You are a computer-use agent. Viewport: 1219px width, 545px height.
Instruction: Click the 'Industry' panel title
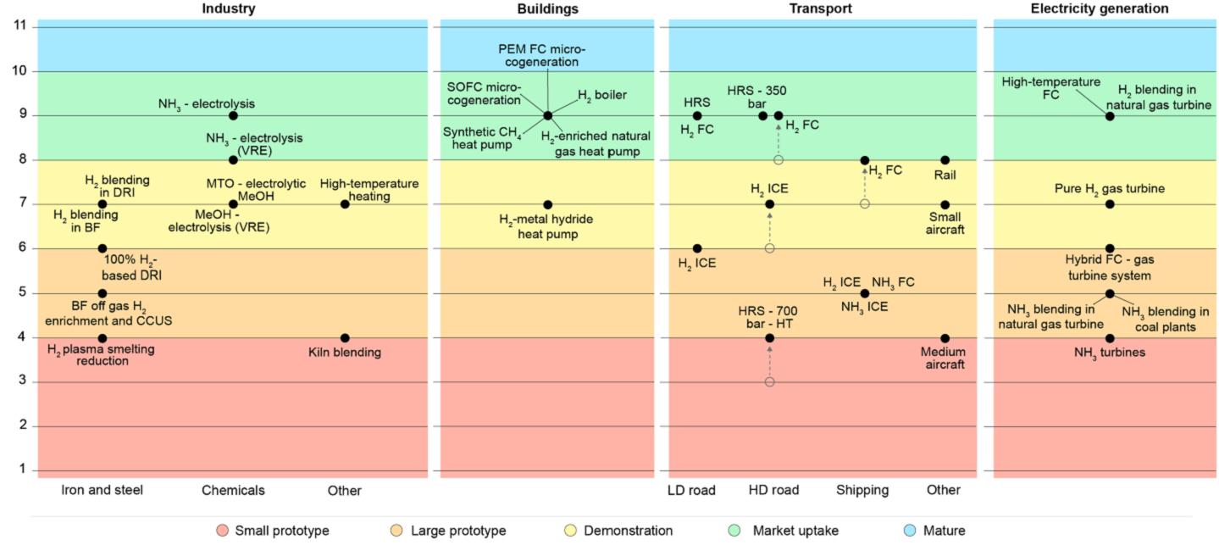pos(228,8)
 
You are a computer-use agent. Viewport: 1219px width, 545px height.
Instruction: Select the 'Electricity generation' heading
pos(1099,8)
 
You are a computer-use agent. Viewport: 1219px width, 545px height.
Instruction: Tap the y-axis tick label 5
pos(21,293)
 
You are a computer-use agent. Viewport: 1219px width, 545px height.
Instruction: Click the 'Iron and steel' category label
pos(103,490)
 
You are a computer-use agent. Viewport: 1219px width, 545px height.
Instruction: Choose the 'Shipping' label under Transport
pos(862,490)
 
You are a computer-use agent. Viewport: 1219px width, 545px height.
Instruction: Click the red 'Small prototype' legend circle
pos(222,531)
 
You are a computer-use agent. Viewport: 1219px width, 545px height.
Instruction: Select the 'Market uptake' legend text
pos(795,531)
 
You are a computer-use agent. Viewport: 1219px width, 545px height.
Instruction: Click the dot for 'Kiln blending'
pos(345,338)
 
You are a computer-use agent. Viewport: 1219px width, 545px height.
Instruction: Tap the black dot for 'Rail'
pos(945,159)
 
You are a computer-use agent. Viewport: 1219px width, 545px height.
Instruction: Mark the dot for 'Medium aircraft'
pos(945,338)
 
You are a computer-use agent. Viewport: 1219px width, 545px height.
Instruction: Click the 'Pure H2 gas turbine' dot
pos(1110,204)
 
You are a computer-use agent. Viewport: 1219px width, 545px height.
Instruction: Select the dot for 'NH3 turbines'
pos(1110,338)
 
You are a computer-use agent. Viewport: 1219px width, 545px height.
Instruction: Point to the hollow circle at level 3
pos(769,382)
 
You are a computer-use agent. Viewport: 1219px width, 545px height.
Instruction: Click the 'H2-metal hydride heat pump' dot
pos(547,204)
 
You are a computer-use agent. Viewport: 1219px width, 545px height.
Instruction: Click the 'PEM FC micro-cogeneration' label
pos(541,55)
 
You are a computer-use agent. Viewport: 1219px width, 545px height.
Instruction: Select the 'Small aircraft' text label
pos(945,223)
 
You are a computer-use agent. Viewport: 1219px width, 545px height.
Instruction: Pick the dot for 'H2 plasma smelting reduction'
pos(103,338)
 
